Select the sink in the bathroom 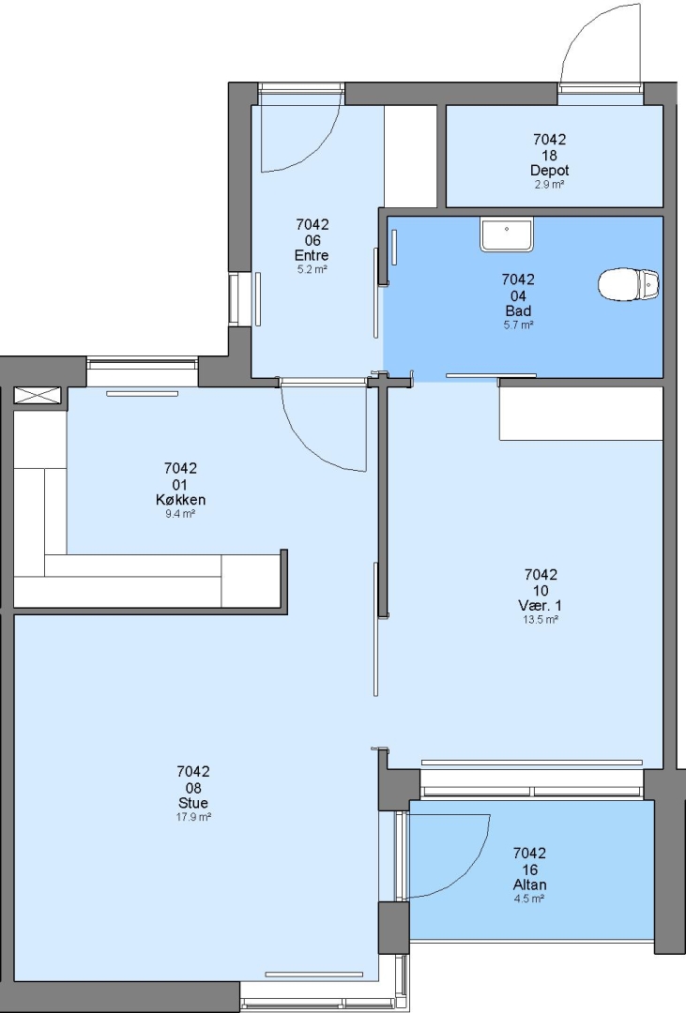click(507, 234)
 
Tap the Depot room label click(550, 171)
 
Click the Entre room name click(312, 255)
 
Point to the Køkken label click(180, 499)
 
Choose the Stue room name click(193, 802)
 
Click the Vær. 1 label click(541, 605)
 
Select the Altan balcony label click(529, 884)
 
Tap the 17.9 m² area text click(193, 817)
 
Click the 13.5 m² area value click(541, 620)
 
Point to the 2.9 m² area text click(550, 185)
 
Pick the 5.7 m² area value click(519, 325)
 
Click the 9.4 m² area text click(180, 514)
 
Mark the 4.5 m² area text click(529, 899)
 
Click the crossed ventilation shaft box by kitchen click(37, 396)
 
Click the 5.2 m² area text click(312, 269)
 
